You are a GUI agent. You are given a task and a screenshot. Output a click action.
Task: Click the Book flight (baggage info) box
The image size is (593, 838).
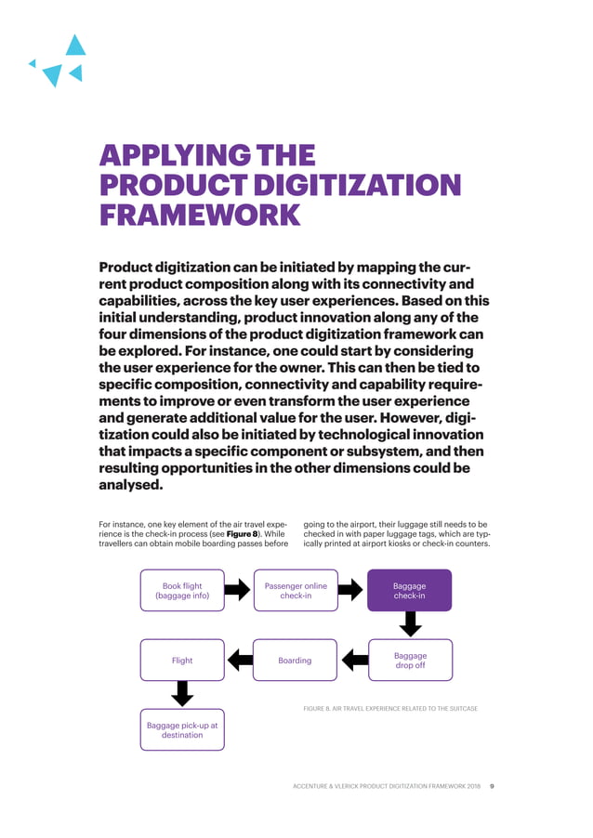[182, 590]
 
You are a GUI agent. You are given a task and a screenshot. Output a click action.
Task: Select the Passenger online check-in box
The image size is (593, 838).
[296, 590]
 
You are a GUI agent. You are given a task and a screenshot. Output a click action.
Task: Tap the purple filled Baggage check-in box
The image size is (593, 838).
[410, 590]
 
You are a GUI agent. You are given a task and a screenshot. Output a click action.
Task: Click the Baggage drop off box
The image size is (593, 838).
[410, 660]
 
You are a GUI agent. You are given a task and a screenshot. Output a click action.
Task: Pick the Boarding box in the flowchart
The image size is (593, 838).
[296, 660]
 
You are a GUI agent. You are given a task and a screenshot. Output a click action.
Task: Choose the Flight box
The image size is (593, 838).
[182, 660]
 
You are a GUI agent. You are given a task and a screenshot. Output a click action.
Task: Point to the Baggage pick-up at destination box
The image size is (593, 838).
[182, 728]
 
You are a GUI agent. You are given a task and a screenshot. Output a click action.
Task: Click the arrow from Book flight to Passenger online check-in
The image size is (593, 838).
[239, 590]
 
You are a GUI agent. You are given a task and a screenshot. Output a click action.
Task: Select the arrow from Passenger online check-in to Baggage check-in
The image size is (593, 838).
[351, 590]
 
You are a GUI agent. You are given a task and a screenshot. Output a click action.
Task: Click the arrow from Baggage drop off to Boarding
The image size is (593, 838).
[353, 660]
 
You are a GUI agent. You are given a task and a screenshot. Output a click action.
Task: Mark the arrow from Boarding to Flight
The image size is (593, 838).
[240, 660]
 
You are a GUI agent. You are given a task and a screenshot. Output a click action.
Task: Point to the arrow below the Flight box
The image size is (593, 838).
[183, 694]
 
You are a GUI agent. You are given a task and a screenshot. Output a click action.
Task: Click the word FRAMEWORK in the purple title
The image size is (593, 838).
[200, 216]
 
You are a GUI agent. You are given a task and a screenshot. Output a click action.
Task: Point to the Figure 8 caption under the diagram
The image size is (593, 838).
[391, 709]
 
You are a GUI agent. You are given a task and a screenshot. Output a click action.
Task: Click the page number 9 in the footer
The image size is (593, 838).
[492, 786]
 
